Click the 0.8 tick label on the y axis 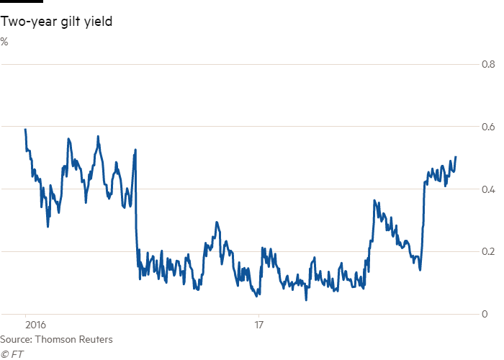coord(487,65)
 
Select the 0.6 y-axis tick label coord(487,127)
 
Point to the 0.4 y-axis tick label coord(487,189)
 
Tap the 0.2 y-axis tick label coord(487,251)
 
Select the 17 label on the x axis coord(259,325)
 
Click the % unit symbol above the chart coord(4,42)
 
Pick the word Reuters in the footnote coord(95,339)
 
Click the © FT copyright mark coord(9,353)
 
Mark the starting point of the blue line coord(25,129)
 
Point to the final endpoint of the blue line coord(456,156)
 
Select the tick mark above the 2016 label coord(26,317)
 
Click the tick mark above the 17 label coord(258,317)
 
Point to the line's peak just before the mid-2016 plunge coord(135,149)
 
